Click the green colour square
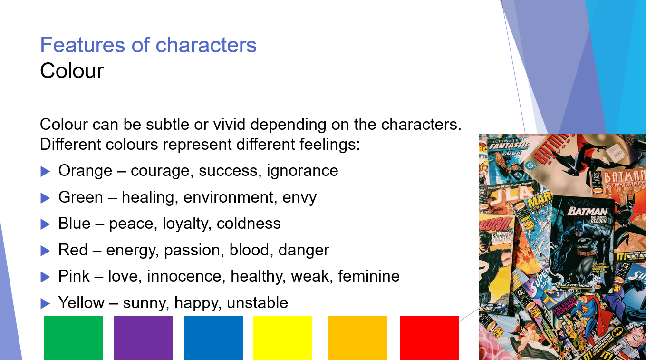point(73,338)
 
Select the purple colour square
point(144,338)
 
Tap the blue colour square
point(213,337)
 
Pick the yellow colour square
point(282,338)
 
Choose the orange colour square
point(357,338)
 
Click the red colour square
point(429,338)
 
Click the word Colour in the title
point(72,71)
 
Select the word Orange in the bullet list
point(86,171)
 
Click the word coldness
point(249,224)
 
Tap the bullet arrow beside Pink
point(45,276)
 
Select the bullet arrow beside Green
point(45,197)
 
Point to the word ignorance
point(302,171)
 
